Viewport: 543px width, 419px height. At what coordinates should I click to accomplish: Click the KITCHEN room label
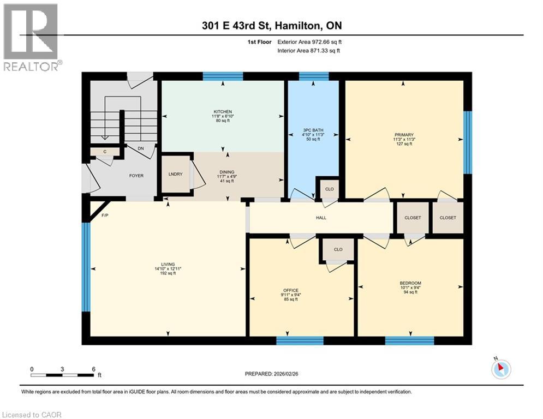[223, 111]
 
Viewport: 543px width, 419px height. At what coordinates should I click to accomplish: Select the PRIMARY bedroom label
[404, 135]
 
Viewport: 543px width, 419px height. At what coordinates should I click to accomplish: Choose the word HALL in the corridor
[321, 218]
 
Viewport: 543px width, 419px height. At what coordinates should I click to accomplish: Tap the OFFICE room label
[290, 290]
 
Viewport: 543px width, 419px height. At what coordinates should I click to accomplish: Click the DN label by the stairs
[140, 148]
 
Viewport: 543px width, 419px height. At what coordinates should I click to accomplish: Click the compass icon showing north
[500, 369]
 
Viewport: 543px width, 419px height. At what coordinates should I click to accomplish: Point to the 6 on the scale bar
[93, 369]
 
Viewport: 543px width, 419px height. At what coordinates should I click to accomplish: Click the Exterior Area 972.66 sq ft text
[309, 42]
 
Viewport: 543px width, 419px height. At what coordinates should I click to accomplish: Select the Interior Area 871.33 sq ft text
[309, 51]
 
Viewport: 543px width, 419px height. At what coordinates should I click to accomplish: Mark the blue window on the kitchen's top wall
[223, 76]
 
